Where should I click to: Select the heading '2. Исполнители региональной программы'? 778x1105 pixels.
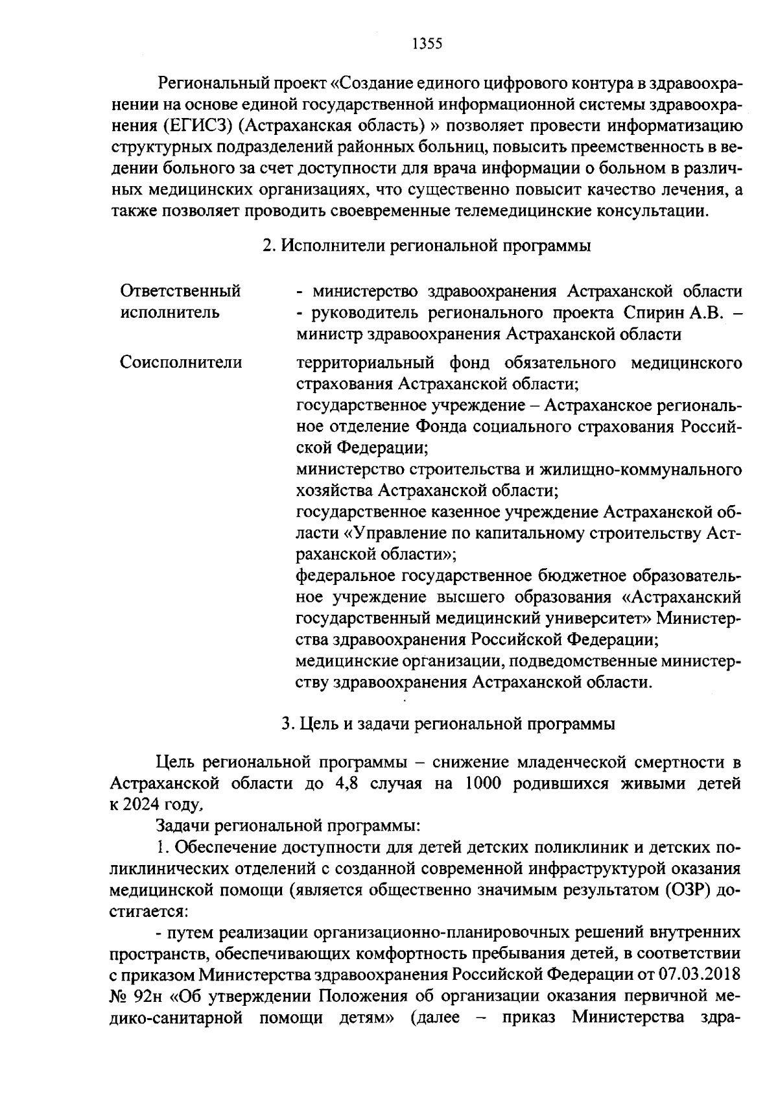coord(427,246)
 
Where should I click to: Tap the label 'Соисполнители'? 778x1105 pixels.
coord(181,362)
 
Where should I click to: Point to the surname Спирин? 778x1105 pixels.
coord(654,313)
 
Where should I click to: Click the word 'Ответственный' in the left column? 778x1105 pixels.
coord(181,291)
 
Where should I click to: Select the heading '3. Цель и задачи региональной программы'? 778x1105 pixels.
coord(448,724)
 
